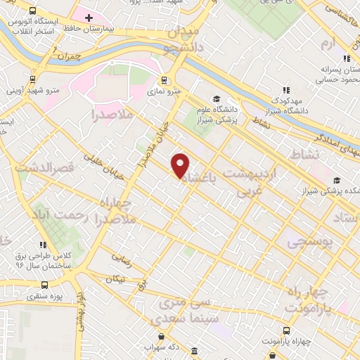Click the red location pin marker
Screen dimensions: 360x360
[x=181, y=165]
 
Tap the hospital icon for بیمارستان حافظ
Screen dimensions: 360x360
[x=89, y=17]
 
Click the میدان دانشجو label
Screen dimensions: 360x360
[x=184, y=41]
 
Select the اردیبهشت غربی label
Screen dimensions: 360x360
[x=251, y=181]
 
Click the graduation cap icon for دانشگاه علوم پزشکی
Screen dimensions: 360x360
[x=217, y=99]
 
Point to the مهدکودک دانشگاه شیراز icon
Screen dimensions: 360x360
[x=286, y=90]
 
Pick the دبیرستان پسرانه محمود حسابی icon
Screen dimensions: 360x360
[x=345, y=58]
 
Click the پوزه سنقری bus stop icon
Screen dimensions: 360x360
[x=45, y=285]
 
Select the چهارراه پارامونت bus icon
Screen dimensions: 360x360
[x=285, y=330]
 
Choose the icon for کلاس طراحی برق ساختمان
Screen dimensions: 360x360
[x=44, y=245]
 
